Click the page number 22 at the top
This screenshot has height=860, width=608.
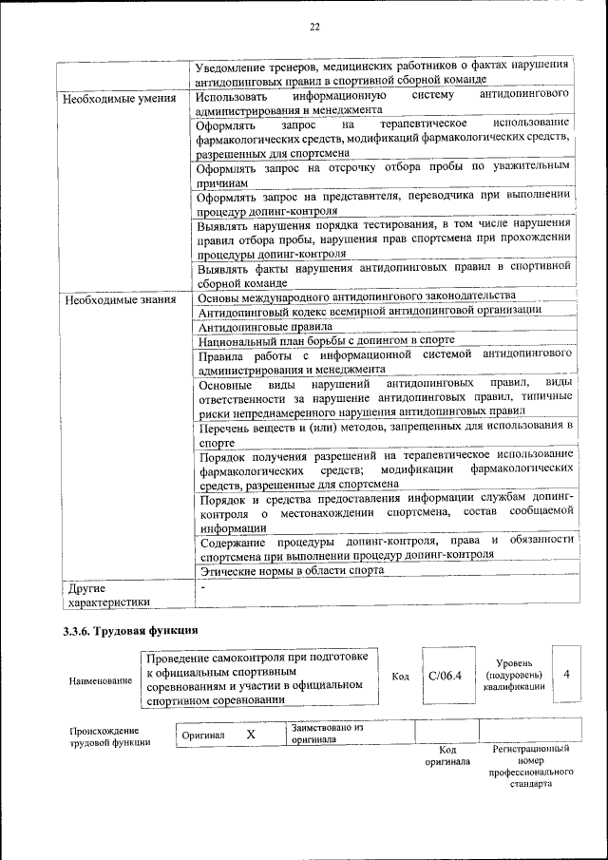pyautogui.click(x=314, y=27)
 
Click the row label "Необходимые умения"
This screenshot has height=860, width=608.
pyautogui.click(x=117, y=98)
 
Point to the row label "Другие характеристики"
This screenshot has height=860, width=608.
pyautogui.click(x=105, y=594)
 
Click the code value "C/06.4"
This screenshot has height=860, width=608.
pyautogui.click(x=444, y=676)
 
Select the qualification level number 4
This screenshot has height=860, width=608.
pyautogui.click(x=566, y=674)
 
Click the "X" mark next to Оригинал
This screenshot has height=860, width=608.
pyautogui.click(x=251, y=735)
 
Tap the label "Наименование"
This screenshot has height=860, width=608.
pyautogui.click(x=101, y=681)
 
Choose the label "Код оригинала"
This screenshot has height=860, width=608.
pyautogui.click(x=446, y=755)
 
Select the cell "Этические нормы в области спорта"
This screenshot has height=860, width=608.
pyautogui.click(x=291, y=570)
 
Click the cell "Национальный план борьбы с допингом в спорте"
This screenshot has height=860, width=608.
pyautogui.click(x=326, y=339)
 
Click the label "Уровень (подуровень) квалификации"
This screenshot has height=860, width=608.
pyautogui.click(x=514, y=674)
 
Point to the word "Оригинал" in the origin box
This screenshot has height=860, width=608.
pyautogui.click(x=203, y=736)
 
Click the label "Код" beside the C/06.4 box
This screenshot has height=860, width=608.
pyautogui.click(x=400, y=677)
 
